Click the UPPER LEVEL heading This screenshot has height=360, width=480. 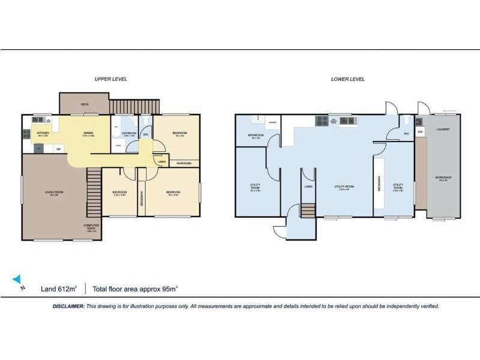pos(110,79)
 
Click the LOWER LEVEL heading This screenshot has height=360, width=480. pos(348,79)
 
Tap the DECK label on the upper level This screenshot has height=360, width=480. pos(85,104)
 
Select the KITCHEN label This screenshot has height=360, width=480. pos(43,133)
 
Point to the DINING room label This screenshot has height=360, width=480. pos(88,133)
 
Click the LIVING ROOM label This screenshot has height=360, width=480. pos(53,192)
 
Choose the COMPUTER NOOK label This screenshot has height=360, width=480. pos(91,227)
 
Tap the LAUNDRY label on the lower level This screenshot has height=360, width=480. pos(443,129)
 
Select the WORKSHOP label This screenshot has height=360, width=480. pos(443,178)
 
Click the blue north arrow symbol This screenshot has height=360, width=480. pos(17,279)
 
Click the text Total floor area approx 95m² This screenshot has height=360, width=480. pos(136,289)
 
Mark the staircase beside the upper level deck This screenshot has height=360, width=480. pos(134,106)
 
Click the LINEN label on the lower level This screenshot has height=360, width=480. pos(308,187)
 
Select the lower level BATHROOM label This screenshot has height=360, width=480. pos(256,135)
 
